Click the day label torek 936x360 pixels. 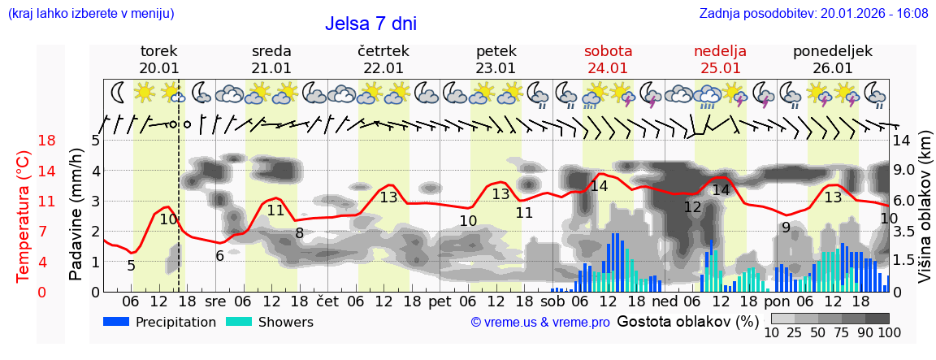click(x=158, y=50)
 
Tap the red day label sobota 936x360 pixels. click(x=608, y=50)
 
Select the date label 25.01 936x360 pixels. click(x=720, y=68)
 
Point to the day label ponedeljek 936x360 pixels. click(x=833, y=50)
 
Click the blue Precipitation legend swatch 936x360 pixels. click(x=117, y=321)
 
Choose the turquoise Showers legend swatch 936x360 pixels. click(x=239, y=321)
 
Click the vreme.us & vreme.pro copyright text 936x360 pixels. click(x=540, y=323)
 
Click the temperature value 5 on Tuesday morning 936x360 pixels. click(x=132, y=265)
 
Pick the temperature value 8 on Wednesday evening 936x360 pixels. click(x=299, y=233)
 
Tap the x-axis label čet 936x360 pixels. click(x=327, y=301)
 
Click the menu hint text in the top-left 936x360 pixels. click(x=91, y=13)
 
